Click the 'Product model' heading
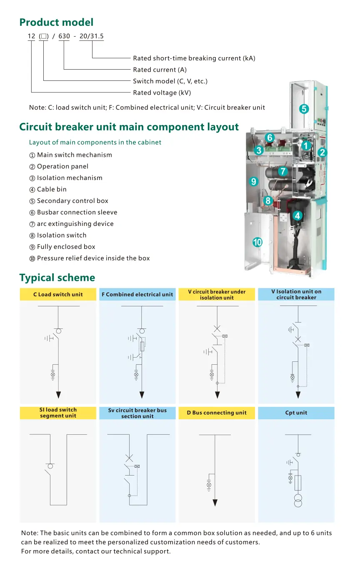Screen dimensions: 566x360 [x=56, y=23]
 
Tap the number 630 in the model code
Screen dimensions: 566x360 [x=64, y=36]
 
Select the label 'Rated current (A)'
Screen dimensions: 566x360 [x=160, y=70]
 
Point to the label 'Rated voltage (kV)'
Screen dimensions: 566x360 [x=162, y=93]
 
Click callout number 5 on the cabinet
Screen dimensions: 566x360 [x=304, y=109]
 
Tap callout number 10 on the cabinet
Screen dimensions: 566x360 [x=257, y=242]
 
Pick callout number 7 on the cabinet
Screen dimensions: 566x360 [x=283, y=171]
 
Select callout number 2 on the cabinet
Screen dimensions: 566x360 [x=322, y=153]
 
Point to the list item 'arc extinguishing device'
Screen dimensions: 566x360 [x=75, y=224]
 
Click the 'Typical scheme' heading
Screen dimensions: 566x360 [x=57, y=278]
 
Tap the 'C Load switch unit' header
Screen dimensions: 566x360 [x=58, y=294]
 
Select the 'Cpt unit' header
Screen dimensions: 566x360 [x=296, y=413]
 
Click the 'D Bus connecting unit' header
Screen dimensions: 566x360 [x=217, y=413]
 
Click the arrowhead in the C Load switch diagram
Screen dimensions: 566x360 [x=58, y=395]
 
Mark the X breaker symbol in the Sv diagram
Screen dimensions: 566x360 [x=129, y=458]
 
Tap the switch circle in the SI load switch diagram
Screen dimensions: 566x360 [x=50, y=466]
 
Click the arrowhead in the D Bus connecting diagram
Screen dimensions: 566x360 [x=215, y=503]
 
